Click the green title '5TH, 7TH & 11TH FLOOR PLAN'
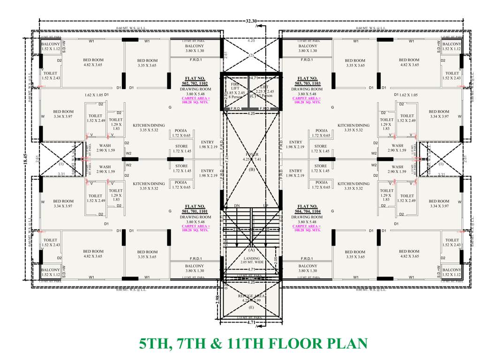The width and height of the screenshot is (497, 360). click(253, 344)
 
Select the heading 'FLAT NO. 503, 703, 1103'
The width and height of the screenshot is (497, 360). click(307, 81)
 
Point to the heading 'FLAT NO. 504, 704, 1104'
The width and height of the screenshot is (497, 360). click(307, 209)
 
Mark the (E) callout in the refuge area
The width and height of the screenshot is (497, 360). click(252, 307)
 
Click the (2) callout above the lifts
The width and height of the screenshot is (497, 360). click(251, 55)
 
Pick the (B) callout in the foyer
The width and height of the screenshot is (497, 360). click(252, 170)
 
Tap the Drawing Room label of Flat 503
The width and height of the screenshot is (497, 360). click(307, 89)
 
